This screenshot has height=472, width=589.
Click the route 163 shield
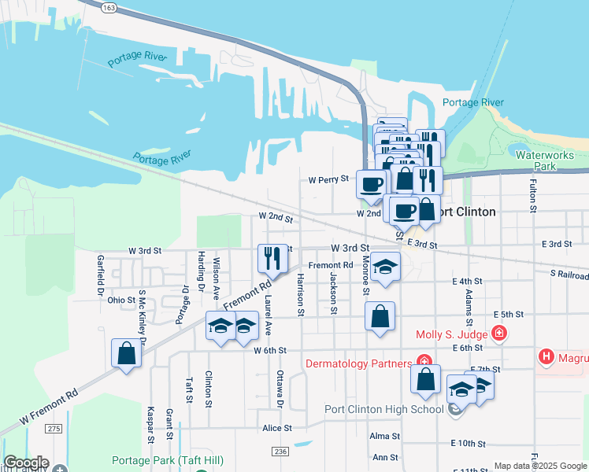(x=109, y=7)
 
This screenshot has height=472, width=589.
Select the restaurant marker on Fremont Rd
(x=269, y=258)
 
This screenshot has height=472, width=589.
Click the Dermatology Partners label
(x=358, y=363)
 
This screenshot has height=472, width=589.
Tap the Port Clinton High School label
(x=384, y=409)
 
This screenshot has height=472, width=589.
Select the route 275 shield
(x=54, y=428)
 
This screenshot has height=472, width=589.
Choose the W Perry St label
(x=328, y=179)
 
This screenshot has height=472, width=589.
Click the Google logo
(x=26, y=463)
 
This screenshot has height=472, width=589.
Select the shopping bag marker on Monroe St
(x=380, y=318)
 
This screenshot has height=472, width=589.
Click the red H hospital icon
(x=546, y=358)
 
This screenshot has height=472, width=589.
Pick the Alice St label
(x=277, y=429)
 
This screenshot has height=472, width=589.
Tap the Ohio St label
(x=121, y=300)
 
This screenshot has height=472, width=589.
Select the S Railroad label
(x=569, y=275)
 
